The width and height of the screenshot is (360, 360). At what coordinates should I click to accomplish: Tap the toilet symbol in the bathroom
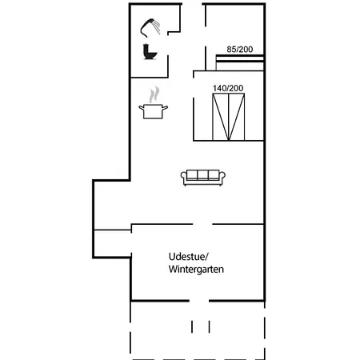150,52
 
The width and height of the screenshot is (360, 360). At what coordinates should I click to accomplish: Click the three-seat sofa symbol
203,178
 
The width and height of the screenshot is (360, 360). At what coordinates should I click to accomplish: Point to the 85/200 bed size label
240,50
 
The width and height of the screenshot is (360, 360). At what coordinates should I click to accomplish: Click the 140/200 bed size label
228,88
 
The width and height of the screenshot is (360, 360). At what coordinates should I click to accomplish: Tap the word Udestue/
188,257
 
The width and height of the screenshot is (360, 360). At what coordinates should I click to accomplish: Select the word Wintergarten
196,269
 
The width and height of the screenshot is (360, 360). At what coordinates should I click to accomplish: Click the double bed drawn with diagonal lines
229,117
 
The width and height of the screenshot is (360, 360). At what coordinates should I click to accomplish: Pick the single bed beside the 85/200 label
240,62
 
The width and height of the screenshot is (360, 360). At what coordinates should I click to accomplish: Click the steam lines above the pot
154,94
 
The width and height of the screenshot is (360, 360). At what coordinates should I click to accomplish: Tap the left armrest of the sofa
183,177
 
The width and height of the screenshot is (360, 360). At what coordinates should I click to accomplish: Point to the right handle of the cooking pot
165,108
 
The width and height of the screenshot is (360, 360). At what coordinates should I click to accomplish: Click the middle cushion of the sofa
202,175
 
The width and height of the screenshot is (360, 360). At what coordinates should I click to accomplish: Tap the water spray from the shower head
157,27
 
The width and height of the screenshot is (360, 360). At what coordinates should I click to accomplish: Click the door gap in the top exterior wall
192,4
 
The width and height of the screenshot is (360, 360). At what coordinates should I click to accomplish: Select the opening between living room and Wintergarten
202,224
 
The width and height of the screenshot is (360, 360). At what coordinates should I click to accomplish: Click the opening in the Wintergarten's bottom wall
199,301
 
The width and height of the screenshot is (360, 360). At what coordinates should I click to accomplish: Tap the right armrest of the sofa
222,177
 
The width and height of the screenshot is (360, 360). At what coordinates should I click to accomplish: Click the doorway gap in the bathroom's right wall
168,45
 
